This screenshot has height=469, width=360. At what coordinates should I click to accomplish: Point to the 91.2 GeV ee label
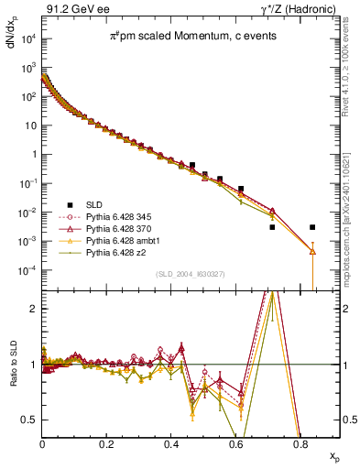(70, 8)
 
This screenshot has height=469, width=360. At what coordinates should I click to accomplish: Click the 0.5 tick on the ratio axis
(34, 420)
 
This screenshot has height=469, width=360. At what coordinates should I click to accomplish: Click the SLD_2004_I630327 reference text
(188, 274)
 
